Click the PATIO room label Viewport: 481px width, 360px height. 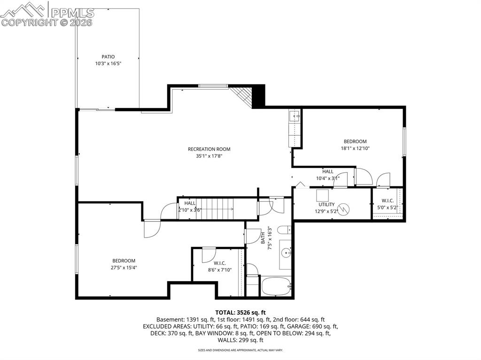(x=108, y=57)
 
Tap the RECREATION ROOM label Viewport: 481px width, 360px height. (x=209, y=149)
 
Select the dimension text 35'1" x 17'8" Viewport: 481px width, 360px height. (x=209, y=156)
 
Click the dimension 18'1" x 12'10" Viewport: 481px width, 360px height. (x=355, y=148)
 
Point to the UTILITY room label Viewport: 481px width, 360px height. (x=326, y=205)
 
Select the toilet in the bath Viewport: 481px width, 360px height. (x=283, y=230)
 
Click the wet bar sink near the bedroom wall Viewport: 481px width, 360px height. (x=295, y=115)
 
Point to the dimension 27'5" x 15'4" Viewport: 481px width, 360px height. (x=124, y=268)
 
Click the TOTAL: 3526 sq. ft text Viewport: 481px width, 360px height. (x=240, y=312)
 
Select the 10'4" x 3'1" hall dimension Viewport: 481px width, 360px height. (x=327, y=178)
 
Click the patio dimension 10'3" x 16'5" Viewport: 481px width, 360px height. (x=108, y=64)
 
